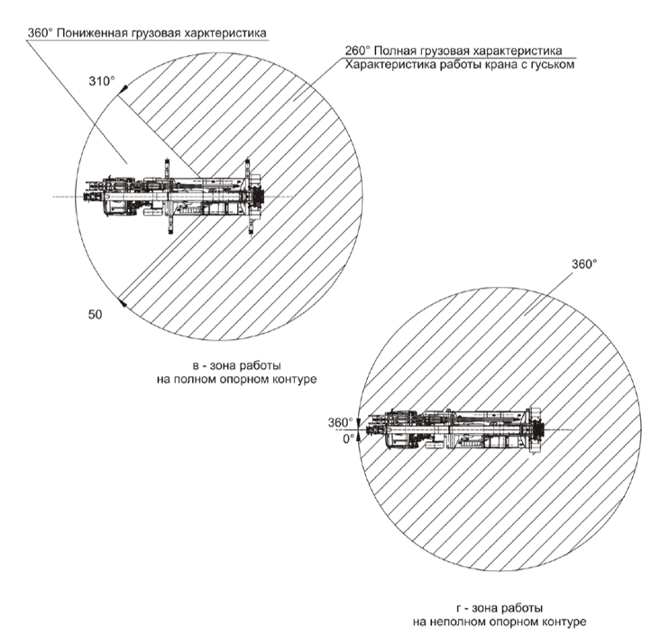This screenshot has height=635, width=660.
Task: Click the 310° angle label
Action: tap(102, 81)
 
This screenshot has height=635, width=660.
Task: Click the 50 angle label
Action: tap(96, 315)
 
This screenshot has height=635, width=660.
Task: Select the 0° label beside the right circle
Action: tap(349, 438)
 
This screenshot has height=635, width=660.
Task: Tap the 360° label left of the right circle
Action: tap(340, 422)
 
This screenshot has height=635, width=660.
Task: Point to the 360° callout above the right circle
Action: tap(584, 264)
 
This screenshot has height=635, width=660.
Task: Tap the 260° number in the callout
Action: tap(357, 51)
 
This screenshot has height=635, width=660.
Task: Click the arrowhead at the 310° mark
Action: tap(124, 89)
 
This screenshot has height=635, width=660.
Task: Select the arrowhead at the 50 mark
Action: tap(123, 302)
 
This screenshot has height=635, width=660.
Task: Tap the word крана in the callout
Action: tap(502, 65)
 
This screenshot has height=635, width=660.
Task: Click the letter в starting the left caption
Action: tap(196, 365)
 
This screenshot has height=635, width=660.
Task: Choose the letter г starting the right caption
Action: tap(459, 608)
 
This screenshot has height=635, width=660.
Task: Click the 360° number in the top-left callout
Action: tap(40, 32)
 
